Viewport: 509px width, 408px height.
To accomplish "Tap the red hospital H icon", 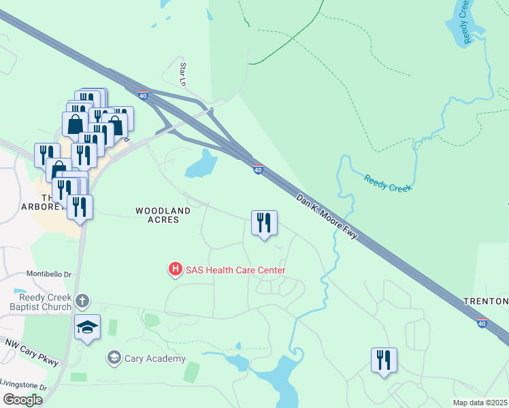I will coord(175,270).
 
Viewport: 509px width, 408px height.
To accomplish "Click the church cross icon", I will coord(82,301).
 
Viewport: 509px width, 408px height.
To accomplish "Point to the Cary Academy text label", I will coord(155,358).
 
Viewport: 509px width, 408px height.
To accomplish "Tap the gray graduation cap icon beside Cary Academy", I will coord(114,358).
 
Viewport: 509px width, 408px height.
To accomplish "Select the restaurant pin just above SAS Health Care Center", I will coord(264,223).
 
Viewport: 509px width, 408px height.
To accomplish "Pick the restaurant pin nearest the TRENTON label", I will coord(384,360).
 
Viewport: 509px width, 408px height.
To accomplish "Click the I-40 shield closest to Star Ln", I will coord(143,96).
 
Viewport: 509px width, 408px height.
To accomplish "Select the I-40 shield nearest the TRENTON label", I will coord(482,323).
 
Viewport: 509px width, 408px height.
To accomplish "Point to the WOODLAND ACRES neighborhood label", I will coord(157,216).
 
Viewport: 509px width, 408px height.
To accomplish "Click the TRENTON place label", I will coord(486,301).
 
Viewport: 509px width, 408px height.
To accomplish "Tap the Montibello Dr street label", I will coord(49,274).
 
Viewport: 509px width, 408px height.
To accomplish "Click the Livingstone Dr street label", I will coord(24,387).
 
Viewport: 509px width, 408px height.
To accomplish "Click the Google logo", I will coord(22,400).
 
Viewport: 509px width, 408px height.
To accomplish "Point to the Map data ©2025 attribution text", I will coord(479,403).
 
